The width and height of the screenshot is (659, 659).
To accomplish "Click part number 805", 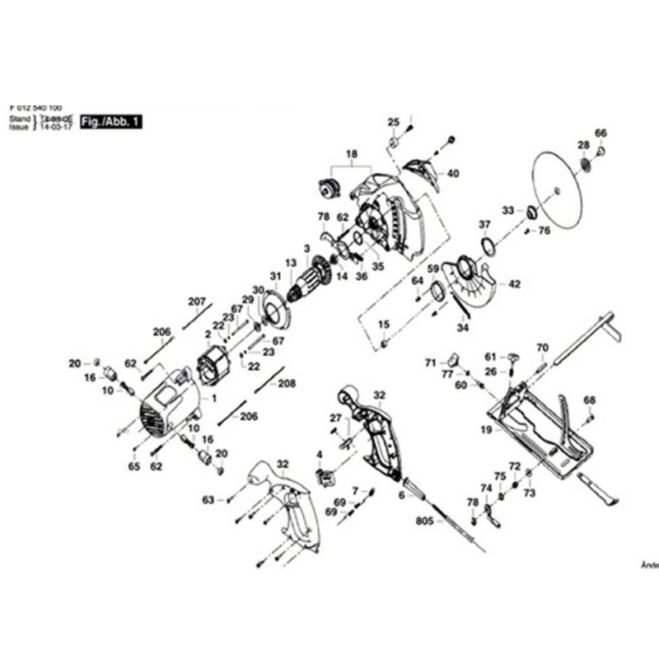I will [424, 521].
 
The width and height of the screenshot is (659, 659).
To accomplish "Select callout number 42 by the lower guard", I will [515, 284].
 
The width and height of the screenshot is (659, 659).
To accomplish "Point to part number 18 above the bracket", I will [352, 154].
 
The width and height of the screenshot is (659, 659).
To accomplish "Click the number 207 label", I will [196, 301].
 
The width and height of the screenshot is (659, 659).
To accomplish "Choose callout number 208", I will [287, 383].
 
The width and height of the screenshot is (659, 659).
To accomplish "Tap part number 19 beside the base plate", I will [486, 430].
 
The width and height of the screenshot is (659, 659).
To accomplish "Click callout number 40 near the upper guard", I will [453, 174].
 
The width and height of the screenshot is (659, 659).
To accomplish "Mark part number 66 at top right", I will [601, 133].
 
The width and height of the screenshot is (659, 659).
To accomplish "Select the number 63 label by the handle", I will [208, 500].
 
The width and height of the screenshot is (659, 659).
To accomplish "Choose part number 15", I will [383, 325].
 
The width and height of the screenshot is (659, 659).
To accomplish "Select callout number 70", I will [542, 348].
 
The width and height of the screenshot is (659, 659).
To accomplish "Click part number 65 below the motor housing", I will [133, 467].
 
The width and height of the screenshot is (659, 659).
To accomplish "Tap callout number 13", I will [290, 264].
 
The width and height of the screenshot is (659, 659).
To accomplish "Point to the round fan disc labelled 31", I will [275, 308].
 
